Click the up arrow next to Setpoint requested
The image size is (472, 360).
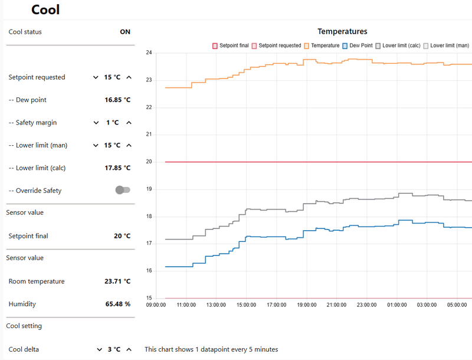[129, 77]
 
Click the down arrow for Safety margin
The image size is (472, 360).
[96, 123]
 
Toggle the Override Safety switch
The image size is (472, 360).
[123, 190]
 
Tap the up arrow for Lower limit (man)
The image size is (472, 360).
[129, 145]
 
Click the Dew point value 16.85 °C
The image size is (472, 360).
[117, 100]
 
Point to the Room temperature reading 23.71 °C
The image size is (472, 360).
[117, 281]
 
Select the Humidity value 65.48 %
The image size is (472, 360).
[117, 304]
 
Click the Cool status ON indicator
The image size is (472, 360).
[125, 32]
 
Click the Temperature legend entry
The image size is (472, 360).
[322, 45]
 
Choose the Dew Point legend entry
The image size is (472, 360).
[358, 45]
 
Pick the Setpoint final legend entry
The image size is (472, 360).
[231, 45]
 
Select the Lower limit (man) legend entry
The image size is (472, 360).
[446, 45]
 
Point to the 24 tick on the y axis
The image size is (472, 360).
[149, 53]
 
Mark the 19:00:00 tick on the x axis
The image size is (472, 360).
[307, 305]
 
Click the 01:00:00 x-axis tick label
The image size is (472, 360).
[396, 305]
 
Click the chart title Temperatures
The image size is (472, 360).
[342, 31]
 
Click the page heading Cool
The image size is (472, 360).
[45, 9]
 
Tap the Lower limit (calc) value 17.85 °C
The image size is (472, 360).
[117, 168]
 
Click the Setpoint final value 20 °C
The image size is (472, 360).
[122, 236]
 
